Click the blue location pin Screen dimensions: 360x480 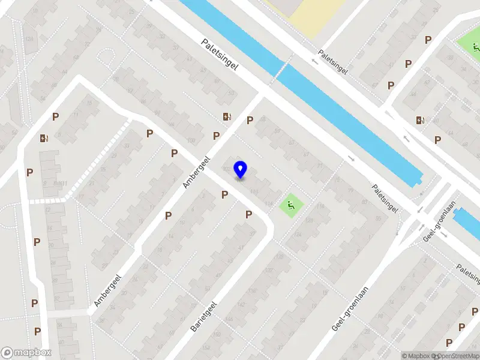240,169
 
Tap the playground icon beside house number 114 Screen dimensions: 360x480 292,205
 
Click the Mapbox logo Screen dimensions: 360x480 26,353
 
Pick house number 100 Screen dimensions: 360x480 191,141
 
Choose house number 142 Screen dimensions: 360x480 241,304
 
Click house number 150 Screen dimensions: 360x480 217,334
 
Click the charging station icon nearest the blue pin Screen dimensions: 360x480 226,117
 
